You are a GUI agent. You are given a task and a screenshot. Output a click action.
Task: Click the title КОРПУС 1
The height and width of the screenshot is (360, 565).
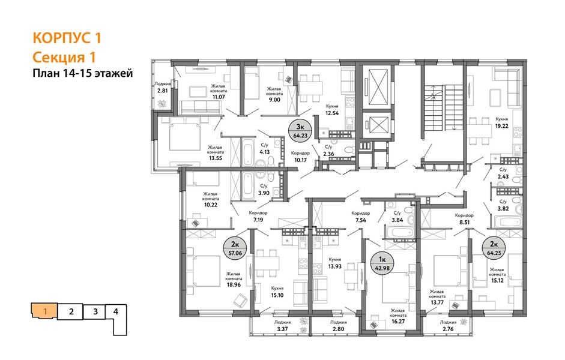pos(67,38)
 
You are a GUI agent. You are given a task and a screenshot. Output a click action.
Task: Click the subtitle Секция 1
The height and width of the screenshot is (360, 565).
pos(64,57)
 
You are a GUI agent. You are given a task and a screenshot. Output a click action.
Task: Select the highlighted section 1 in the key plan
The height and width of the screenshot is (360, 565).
pos(45,311)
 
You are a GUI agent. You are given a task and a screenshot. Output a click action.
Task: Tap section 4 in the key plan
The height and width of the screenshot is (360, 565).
pos(116,311)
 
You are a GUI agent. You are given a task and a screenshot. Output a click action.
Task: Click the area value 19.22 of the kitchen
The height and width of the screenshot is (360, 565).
pos(501,127)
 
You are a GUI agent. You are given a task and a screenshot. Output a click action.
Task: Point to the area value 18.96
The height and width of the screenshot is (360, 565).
pos(234,284)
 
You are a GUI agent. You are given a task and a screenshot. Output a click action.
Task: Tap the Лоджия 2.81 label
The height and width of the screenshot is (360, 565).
pos(163,88)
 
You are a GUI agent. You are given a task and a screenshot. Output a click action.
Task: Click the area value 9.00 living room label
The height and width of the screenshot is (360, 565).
pos(274,100)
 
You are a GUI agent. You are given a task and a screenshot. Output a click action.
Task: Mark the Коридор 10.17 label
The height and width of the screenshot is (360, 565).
pos(300,157)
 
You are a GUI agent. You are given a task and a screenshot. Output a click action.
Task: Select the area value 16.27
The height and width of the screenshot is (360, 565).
pos(398,322)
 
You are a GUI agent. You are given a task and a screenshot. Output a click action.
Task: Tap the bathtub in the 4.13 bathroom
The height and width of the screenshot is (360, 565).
pos(248,154)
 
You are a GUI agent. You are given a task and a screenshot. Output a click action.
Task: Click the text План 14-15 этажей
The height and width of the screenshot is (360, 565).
pos(83,73)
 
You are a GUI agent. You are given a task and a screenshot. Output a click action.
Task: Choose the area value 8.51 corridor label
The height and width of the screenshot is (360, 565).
pos(464,222)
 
